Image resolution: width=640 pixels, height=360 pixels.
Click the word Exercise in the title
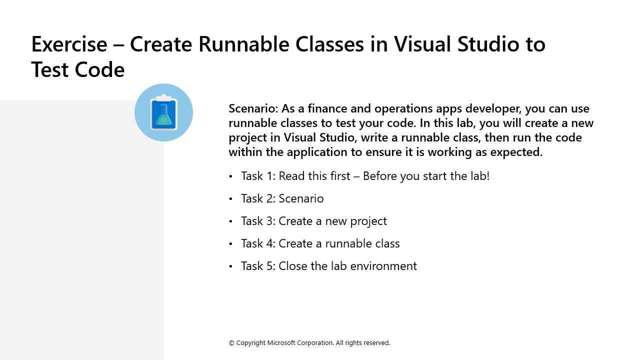pos(69,44)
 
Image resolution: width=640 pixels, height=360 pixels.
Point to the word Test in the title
pos(50,69)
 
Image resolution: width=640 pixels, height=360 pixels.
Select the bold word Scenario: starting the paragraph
pos(253,108)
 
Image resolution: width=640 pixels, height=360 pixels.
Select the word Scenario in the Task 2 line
pos(301,198)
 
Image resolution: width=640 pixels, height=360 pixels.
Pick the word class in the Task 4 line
pos(386,243)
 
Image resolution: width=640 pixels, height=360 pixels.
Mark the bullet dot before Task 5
pos(230,266)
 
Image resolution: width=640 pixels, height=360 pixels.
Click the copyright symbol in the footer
pos(231,343)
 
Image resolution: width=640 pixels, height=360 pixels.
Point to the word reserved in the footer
pos(376,343)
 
